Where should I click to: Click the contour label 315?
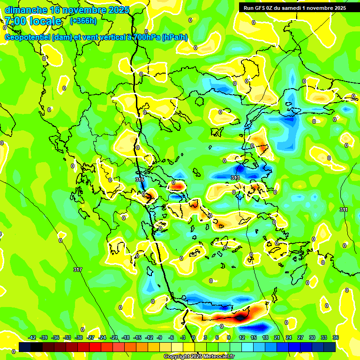pos(140,180)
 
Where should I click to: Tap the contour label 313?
pos(235,178)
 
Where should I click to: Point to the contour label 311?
pos(344,210)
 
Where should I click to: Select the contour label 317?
pos(78,270)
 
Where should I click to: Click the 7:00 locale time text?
pos(33,21)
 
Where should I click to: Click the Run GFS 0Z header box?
pos(292,7)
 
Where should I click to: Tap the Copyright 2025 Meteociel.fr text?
pos(199,357)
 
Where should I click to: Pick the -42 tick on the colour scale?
pos(32,337)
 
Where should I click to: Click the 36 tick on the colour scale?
pos(335,337)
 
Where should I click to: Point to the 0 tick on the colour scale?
pos(194,337)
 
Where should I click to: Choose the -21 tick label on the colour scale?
pos(114,337)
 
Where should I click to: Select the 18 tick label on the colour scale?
pos(265,337)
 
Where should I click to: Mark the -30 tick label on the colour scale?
pos(79,337)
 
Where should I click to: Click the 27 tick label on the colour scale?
pos(300,337)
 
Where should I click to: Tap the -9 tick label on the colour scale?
pos(159,337)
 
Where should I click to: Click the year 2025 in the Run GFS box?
pos(338,7)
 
